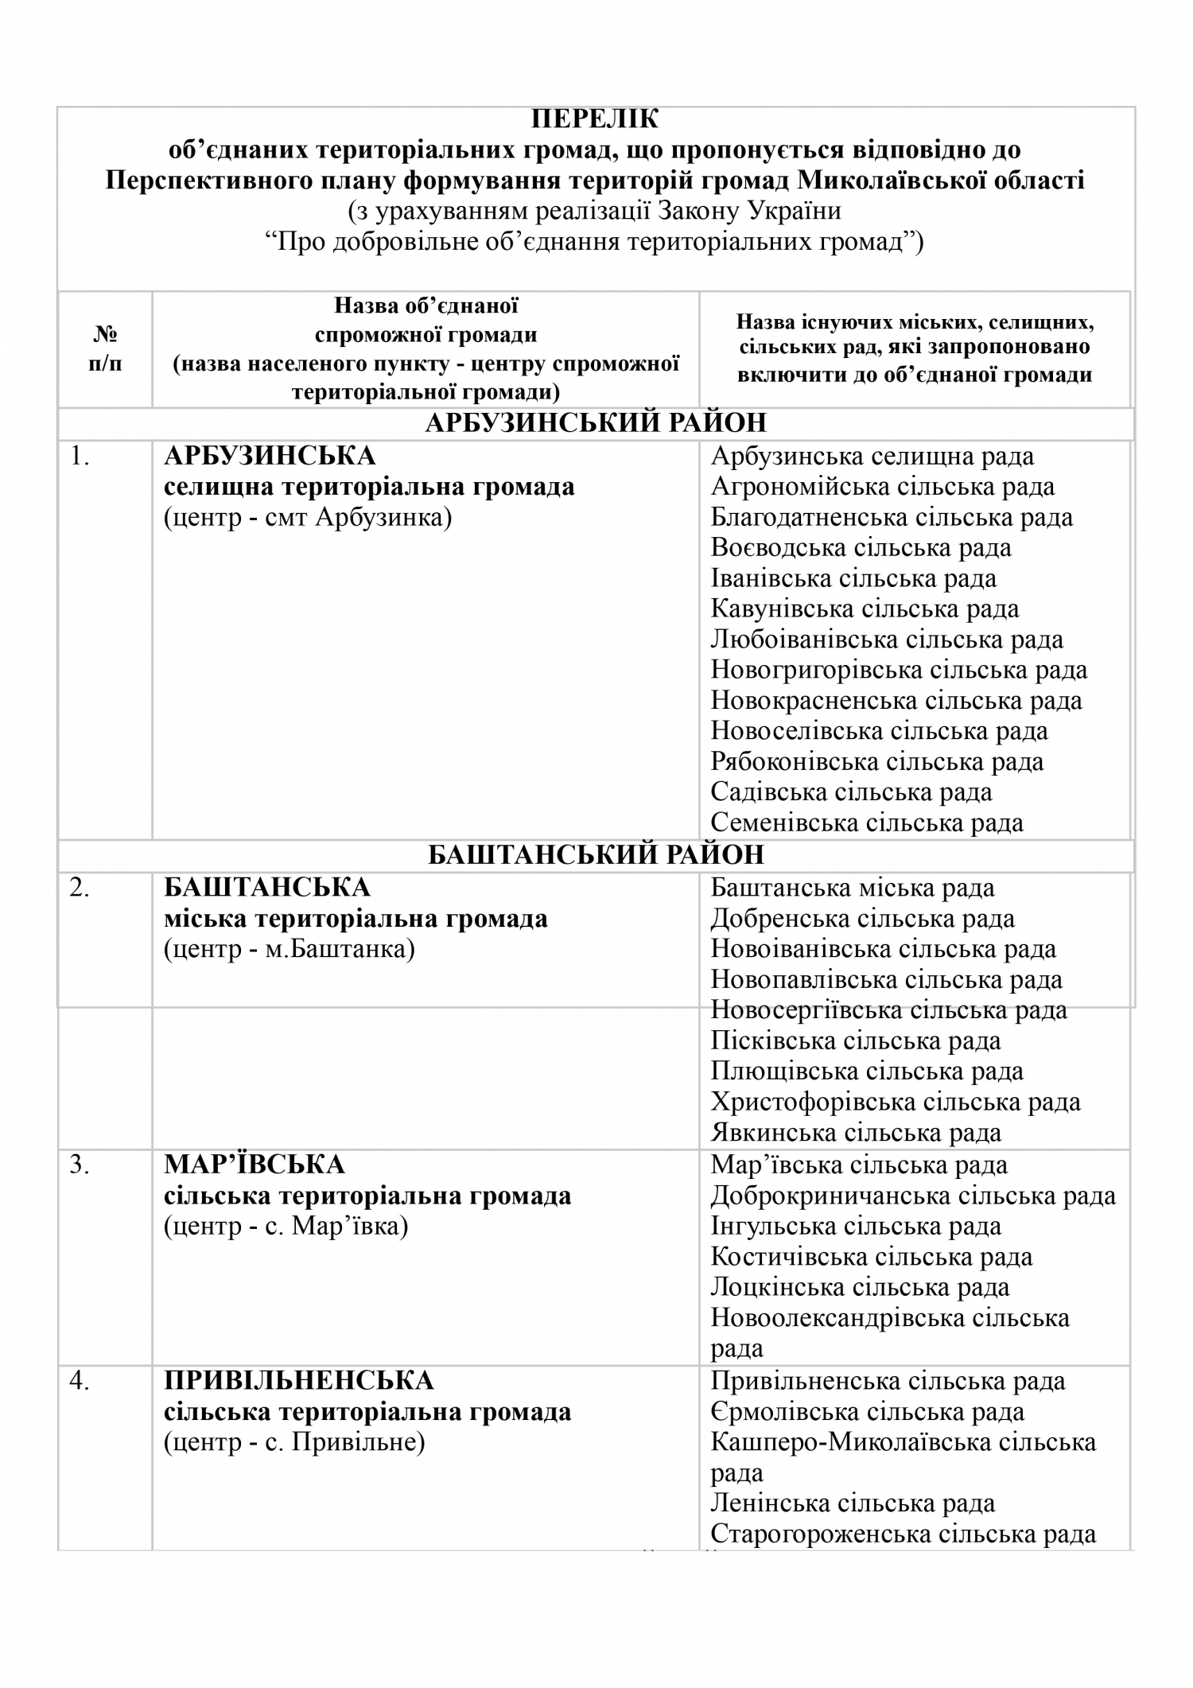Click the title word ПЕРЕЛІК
click(595, 119)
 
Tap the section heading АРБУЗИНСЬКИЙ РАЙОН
click(596, 422)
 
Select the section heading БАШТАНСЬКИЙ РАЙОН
click(596, 854)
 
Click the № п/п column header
click(106, 349)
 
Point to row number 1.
click(80, 456)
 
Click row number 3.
click(79, 1165)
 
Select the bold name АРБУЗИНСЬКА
click(270, 456)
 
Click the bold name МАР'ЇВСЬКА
click(255, 1165)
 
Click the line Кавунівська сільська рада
click(865, 609)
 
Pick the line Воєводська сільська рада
click(861, 548)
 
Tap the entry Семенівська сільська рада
click(867, 823)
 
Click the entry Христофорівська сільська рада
click(896, 1102)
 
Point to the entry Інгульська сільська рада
click(856, 1227)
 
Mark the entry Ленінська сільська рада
click(853, 1503)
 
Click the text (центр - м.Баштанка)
click(290, 949)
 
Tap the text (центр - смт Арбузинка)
click(308, 518)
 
